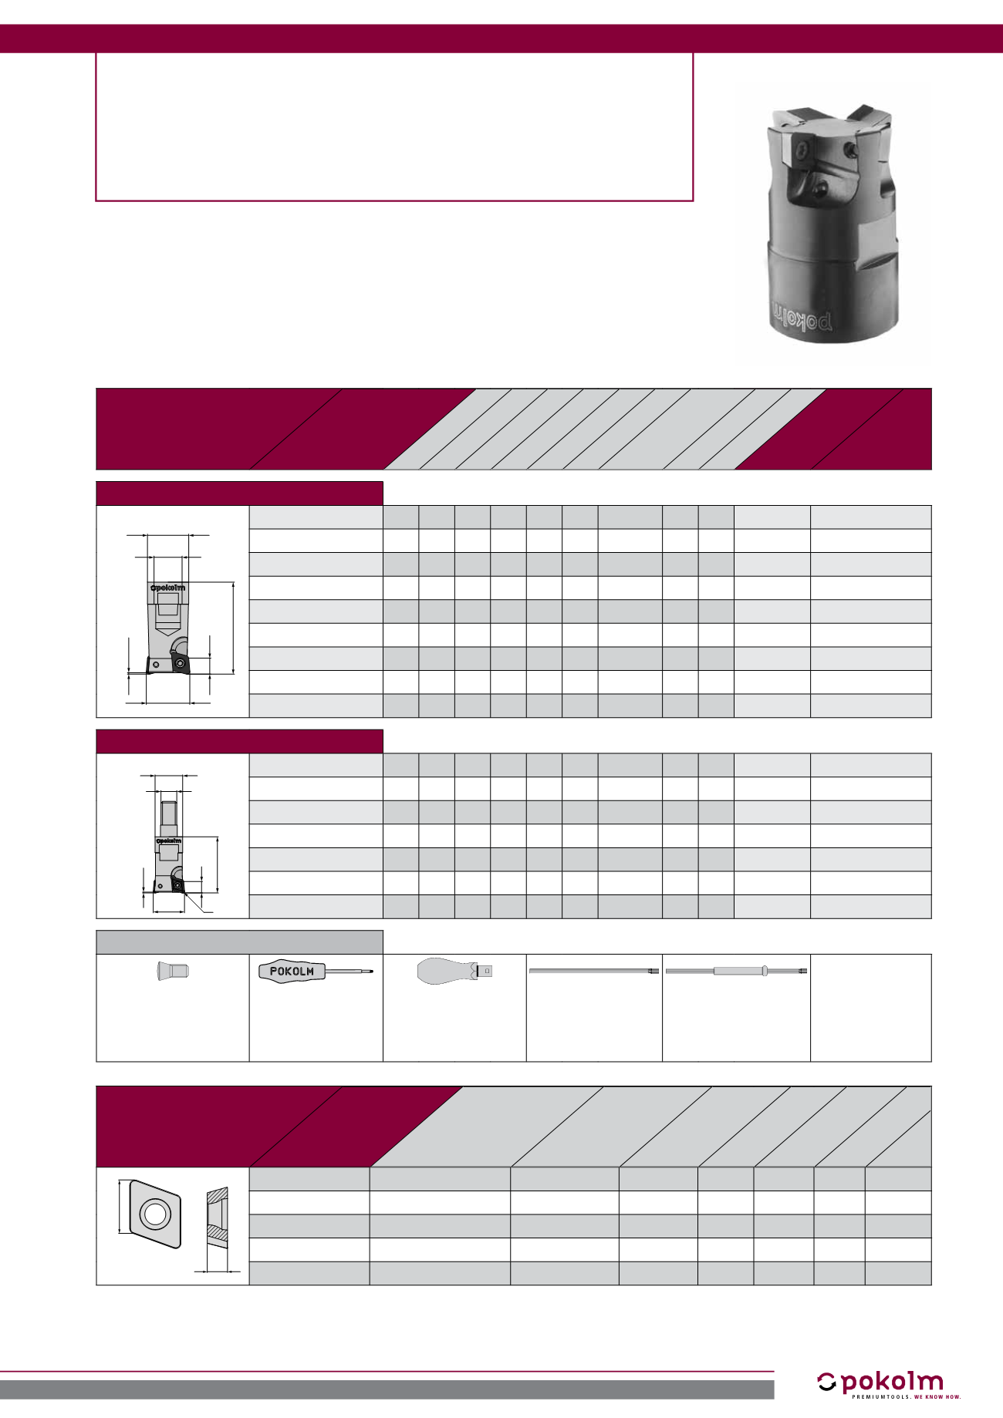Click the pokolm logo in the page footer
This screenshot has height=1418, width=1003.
(880, 1383)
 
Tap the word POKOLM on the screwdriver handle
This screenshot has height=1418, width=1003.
(292, 972)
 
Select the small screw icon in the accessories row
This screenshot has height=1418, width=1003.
(173, 971)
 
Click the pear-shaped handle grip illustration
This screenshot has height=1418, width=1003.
(443, 971)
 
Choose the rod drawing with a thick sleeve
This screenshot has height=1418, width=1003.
(737, 971)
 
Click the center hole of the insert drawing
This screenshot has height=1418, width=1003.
(155, 1214)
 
